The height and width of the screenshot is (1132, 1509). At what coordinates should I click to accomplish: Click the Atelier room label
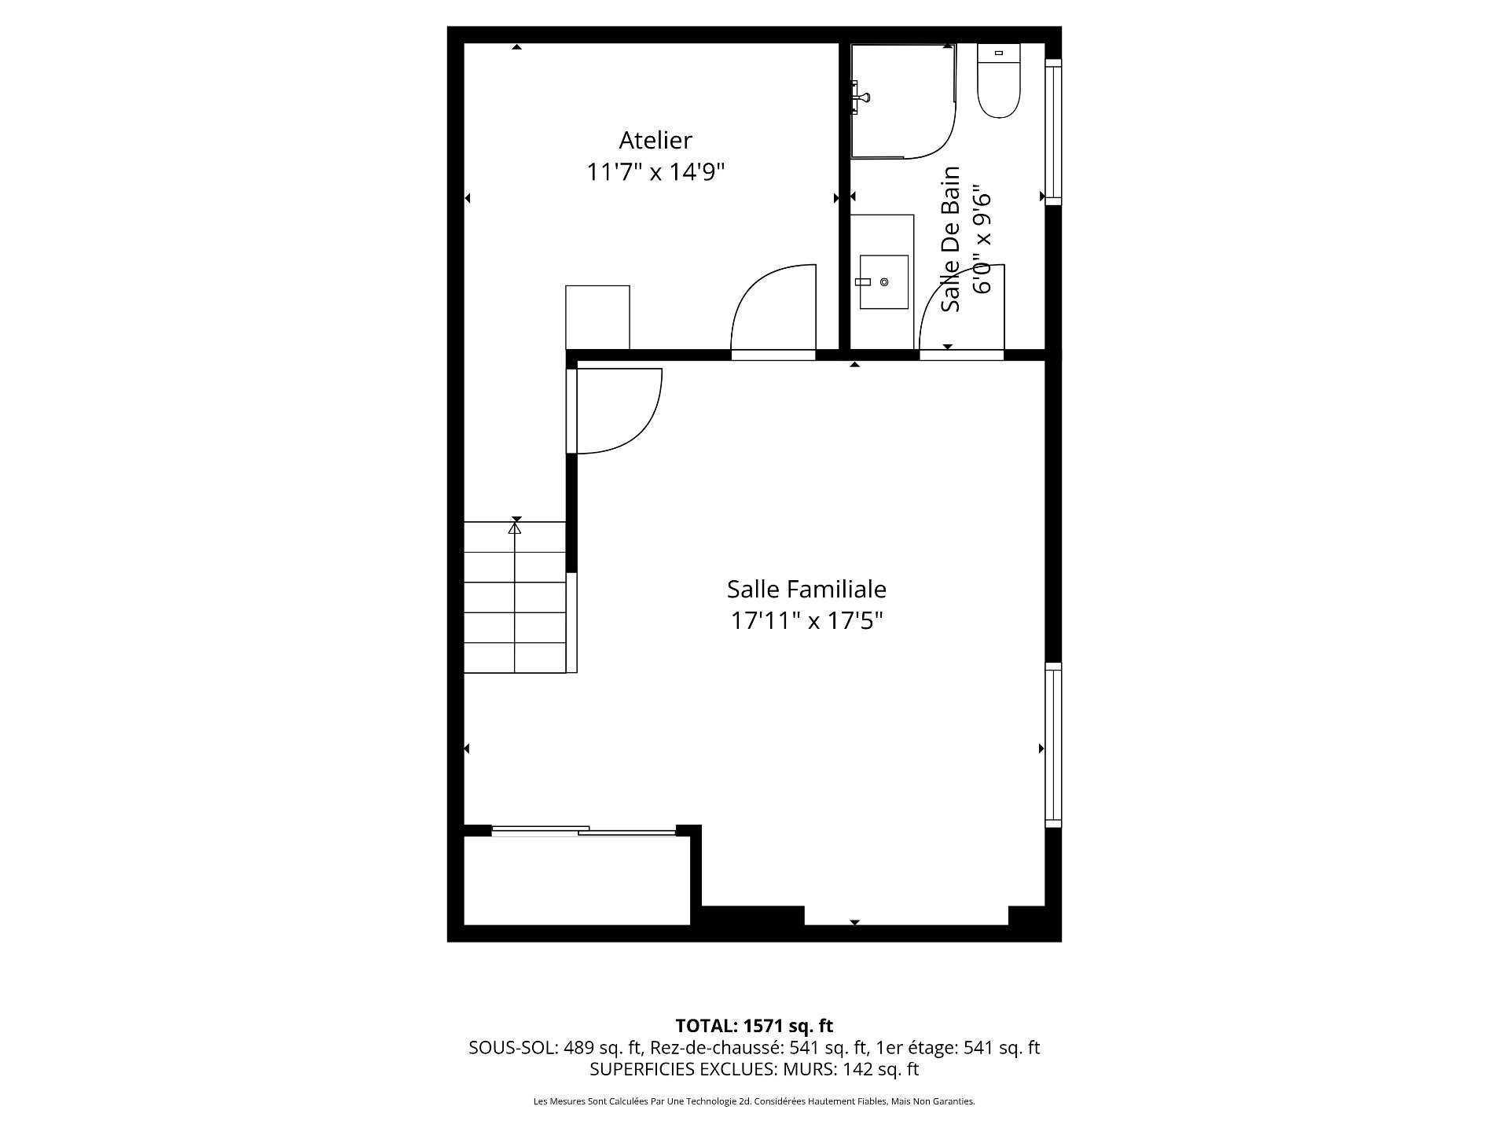click(655, 141)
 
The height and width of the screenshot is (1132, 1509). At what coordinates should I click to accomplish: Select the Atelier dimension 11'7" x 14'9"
click(655, 172)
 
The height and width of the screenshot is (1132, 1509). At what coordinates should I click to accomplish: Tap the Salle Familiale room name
click(806, 589)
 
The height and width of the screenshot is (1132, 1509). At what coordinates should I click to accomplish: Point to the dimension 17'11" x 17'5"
click(806, 621)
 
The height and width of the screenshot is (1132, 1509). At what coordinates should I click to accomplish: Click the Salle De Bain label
click(951, 239)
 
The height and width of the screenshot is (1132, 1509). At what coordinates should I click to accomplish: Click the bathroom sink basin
click(883, 281)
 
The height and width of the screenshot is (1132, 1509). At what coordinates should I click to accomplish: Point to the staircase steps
click(515, 597)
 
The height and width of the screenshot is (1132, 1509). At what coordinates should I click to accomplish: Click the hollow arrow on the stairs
click(515, 529)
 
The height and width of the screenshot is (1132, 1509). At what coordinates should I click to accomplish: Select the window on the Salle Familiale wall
click(1052, 744)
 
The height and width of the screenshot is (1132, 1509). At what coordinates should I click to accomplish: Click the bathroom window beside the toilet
click(1052, 132)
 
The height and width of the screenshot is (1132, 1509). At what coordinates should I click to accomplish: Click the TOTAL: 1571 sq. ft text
click(754, 1026)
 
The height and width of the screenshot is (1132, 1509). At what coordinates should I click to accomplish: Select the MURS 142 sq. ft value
click(880, 1069)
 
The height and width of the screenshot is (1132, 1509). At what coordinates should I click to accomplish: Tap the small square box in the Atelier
click(597, 317)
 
